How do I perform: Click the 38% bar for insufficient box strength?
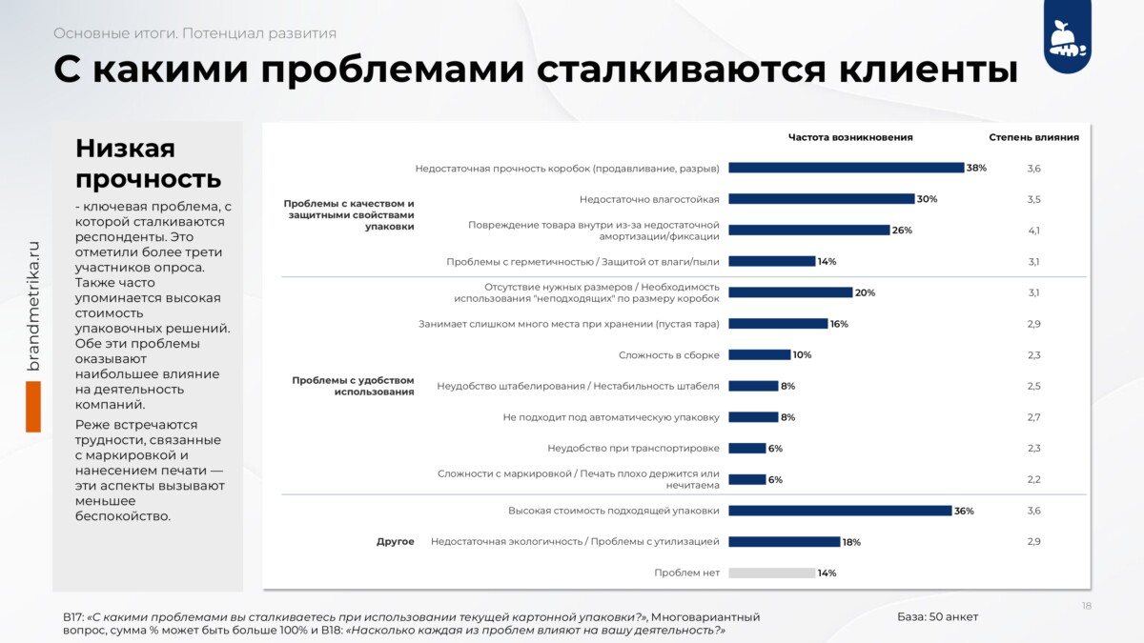pyautogui.click(x=846, y=168)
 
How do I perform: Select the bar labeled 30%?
pyautogui.click(x=821, y=199)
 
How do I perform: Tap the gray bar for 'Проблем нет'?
pyautogui.click(x=771, y=573)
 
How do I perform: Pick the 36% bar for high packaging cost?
pyautogui.click(x=840, y=511)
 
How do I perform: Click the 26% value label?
pyautogui.click(x=902, y=231)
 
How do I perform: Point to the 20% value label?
pyautogui.click(x=866, y=292)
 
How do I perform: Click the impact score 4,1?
pyautogui.click(x=1033, y=231)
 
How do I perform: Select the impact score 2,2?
pyautogui.click(x=1033, y=479)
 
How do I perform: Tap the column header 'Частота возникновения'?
pyautogui.click(x=850, y=137)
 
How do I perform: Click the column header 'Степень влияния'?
pyautogui.click(x=1033, y=137)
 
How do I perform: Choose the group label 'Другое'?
pyautogui.click(x=396, y=541)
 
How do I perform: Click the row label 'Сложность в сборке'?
pyautogui.click(x=669, y=354)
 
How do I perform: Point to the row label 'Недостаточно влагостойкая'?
pyautogui.click(x=649, y=199)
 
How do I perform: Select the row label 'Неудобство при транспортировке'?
pyautogui.click(x=633, y=448)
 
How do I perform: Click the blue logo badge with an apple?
pyautogui.click(x=1068, y=37)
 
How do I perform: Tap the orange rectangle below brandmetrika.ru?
pyautogui.click(x=33, y=407)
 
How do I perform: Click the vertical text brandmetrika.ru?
pyautogui.click(x=32, y=306)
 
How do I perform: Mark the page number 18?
pyautogui.click(x=1086, y=606)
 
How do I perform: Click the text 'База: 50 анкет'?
pyautogui.click(x=938, y=616)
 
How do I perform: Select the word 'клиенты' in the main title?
pyautogui.click(x=929, y=69)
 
